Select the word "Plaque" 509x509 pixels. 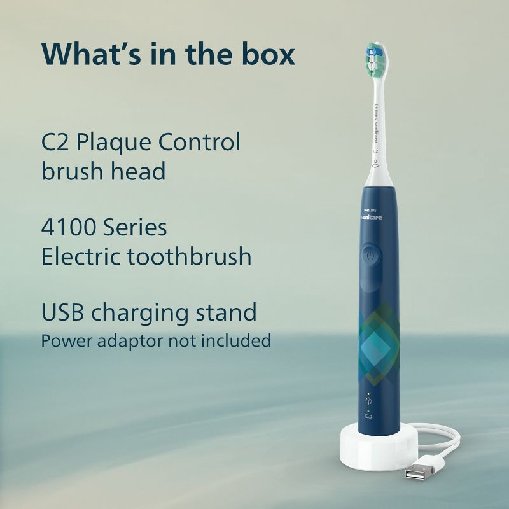pos(114,143)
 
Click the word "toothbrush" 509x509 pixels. pos(189,256)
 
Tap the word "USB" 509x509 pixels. pos(62,312)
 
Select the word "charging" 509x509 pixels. pos(140,313)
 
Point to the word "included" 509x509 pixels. pos(236,340)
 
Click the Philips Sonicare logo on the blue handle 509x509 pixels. pos(372,214)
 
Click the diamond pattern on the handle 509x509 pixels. pos(379,345)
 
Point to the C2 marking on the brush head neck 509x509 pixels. pos(375,151)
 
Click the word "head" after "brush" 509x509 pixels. pos(138,171)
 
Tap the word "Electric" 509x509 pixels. pos(81,256)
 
